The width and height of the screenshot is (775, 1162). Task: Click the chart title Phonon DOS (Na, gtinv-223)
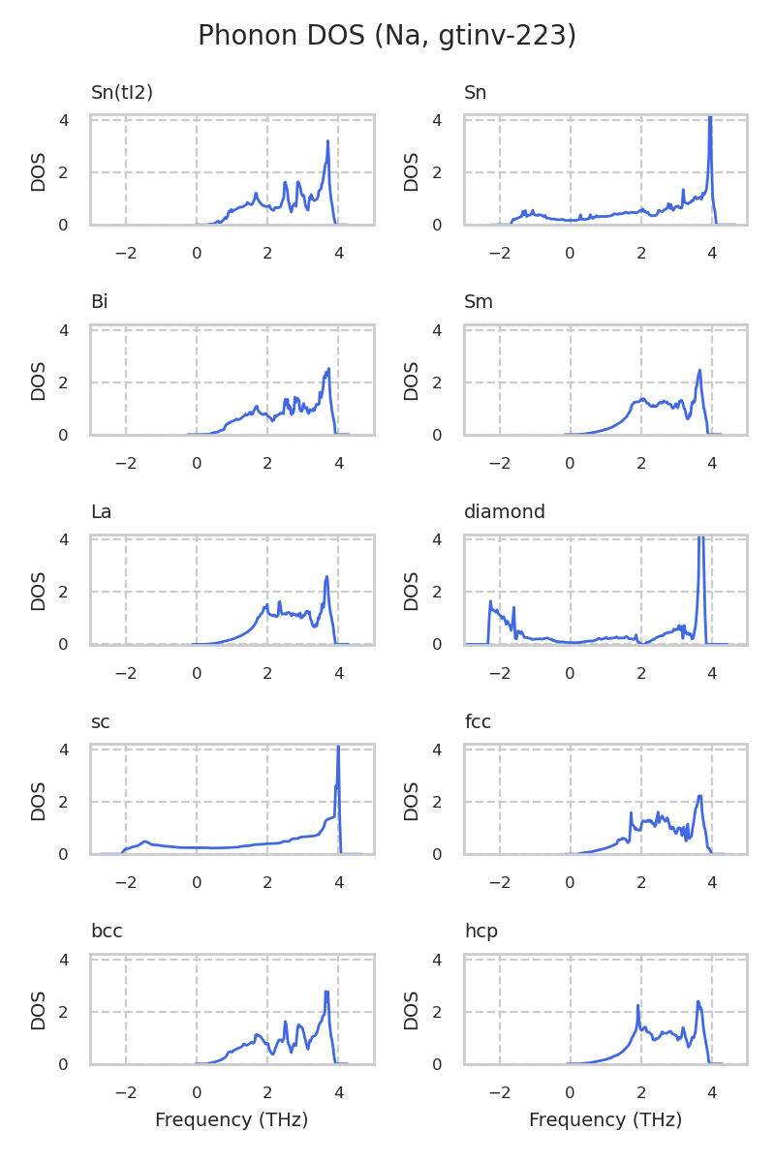point(387,36)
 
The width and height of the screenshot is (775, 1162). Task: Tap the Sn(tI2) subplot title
point(122,93)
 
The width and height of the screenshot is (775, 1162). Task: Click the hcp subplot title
point(480,932)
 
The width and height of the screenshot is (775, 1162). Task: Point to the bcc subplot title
point(107,932)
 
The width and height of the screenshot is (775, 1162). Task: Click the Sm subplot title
point(479,302)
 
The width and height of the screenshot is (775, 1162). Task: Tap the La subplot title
point(101,512)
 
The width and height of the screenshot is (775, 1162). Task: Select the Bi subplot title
point(99,302)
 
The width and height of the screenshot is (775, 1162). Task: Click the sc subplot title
point(100,722)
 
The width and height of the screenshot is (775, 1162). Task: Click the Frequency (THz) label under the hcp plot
point(605,1120)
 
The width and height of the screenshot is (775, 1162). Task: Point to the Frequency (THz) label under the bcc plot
point(232,1120)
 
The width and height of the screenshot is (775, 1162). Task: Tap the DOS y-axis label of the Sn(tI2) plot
point(39,171)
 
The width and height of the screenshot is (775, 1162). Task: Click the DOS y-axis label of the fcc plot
point(412,801)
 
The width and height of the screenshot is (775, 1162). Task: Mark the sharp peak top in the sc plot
point(338,748)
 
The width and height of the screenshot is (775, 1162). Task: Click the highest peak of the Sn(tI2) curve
point(327,141)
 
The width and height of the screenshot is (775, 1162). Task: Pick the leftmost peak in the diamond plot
point(491,601)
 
